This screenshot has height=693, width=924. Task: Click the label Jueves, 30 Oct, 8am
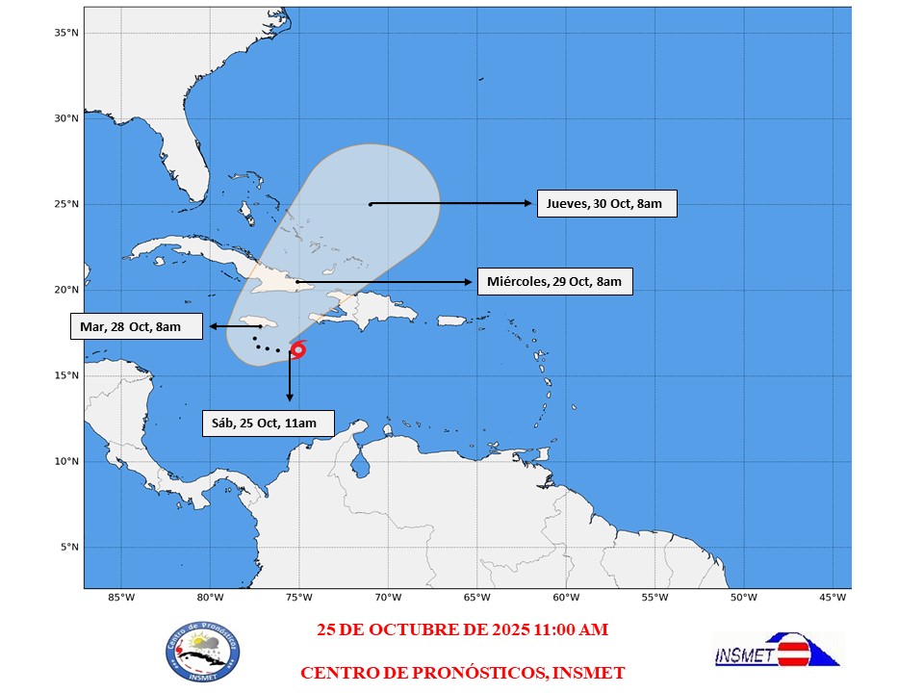pos(605,204)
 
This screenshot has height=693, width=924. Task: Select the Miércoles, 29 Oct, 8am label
pos(553,282)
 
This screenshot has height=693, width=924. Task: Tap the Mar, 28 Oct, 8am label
pos(136,326)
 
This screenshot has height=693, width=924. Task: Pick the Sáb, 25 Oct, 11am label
pos(268,423)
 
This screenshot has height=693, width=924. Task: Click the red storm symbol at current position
pos(297,349)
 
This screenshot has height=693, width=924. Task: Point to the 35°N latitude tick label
pos(66,33)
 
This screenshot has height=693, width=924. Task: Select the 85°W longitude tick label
pos(120,598)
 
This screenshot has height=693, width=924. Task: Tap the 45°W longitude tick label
pos(833,598)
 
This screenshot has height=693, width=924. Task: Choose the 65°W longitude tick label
pos(476,598)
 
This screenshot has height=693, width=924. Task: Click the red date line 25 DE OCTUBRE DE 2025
pos(463,629)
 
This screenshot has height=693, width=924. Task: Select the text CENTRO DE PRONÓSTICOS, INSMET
pos(463,672)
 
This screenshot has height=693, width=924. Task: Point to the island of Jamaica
pos(258,321)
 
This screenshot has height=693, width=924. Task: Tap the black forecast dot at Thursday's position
pos(371,204)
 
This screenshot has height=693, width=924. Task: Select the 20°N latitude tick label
pos(66,290)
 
